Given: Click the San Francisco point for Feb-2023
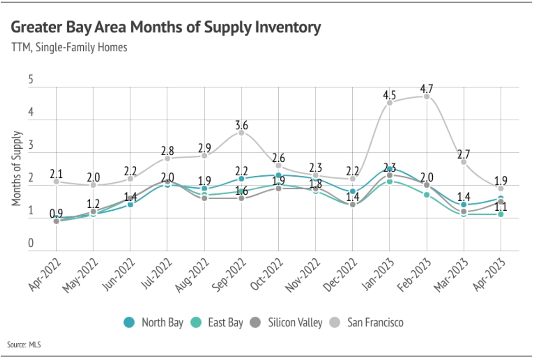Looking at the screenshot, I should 427,96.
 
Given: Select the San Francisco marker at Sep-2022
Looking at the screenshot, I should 242,132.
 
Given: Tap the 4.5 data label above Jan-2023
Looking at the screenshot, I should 389,95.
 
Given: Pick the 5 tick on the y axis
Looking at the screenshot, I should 31,80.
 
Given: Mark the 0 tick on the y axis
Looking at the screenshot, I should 31,243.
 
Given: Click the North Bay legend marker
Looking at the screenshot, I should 129,322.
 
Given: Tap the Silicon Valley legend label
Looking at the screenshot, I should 295,322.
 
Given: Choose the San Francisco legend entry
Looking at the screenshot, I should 375,322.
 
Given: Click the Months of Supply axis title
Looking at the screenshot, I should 16,168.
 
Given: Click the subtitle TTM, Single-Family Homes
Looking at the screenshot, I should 69,48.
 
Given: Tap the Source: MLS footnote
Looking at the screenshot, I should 24,344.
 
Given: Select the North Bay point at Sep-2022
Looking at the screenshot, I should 242,179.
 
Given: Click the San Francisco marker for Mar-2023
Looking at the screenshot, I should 464,162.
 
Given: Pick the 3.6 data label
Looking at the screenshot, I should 242,125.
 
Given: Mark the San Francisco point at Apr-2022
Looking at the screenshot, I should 57,181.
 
